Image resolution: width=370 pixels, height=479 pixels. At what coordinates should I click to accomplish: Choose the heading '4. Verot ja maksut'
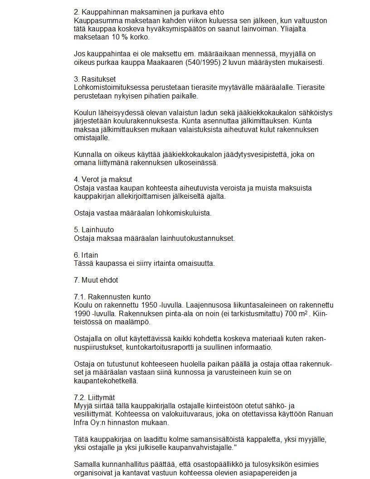(103, 180)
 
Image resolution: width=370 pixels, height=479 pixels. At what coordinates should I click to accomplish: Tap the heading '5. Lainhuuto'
(94, 230)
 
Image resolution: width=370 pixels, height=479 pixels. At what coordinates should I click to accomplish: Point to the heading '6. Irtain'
(86, 255)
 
